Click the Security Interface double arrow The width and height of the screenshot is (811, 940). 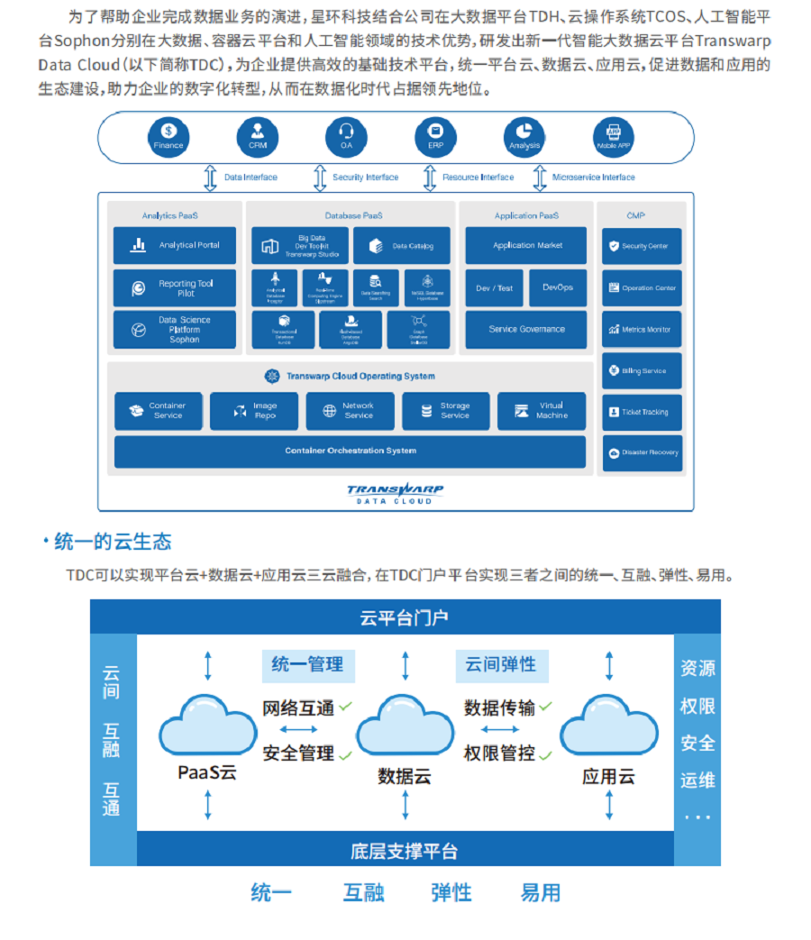point(319,178)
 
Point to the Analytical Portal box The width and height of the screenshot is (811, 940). point(175,245)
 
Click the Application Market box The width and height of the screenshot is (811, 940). point(526,245)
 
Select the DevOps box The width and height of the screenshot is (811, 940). point(558,288)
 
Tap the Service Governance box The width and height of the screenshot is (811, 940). point(526,330)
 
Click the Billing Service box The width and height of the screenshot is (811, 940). point(642,370)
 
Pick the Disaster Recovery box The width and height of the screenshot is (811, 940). point(642,452)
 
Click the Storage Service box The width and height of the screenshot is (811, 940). point(446,411)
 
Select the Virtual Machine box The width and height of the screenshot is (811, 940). point(542,411)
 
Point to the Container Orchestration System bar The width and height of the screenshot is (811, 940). point(350,452)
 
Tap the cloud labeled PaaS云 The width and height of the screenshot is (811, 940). point(207,726)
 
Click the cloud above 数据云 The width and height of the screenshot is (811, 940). point(405,726)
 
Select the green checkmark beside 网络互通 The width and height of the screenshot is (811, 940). point(345,707)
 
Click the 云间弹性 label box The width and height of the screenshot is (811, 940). point(501,665)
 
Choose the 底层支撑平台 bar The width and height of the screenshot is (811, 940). point(405,851)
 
